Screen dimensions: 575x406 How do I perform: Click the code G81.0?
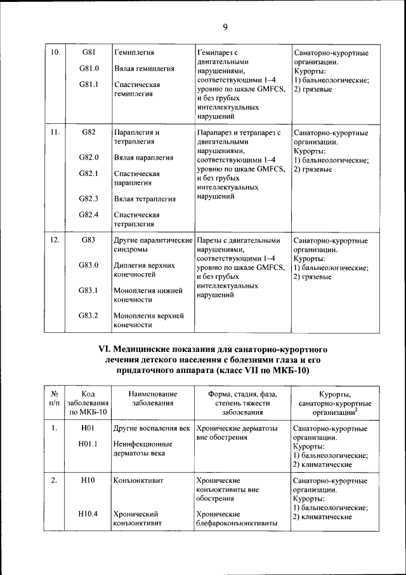pyautogui.click(x=89, y=68)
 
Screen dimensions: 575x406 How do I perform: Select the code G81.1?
pyautogui.click(x=89, y=85)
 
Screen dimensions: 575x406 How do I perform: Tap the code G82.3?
pyautogui.click(x=89, y=198)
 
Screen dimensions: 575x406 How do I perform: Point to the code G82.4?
pyautogui.click(x=89, y=215)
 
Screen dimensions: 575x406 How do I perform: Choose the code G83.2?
pyautogui.click(x=89, y=315)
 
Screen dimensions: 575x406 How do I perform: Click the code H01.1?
pyautogui.click(x=88, y=445)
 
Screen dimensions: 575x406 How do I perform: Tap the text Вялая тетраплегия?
pyautogui.click(x=145, y=199)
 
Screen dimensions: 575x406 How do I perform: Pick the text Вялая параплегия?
pyautogui.click(x=144, y=157)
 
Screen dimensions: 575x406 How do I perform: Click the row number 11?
pyautogui.click(x=55, y=132)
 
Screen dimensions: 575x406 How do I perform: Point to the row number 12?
pyautogui.click(x=55, y=240)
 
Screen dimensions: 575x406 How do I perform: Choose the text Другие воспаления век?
pyautogui.click(x=152, y=428)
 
